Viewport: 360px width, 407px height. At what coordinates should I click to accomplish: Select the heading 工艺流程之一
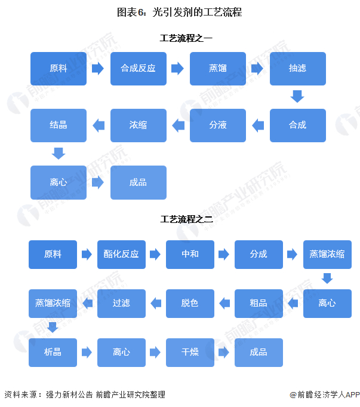coord(186,39)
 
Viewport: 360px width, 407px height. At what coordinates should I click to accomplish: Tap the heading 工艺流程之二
coord(186,219)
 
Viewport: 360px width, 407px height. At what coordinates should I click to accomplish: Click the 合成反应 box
coord(138,68)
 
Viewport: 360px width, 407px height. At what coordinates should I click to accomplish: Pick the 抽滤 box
coord(297,68)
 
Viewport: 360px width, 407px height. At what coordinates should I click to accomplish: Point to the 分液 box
coord(218,125)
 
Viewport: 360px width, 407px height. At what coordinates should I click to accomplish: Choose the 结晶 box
coord(59,125)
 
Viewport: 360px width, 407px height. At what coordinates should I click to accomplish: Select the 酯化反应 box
coord(121,254)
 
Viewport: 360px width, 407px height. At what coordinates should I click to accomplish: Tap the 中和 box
coord(190,254)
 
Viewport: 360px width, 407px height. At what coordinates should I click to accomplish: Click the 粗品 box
coord(259,303)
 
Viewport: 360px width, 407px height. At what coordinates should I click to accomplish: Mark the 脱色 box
coord(190,303)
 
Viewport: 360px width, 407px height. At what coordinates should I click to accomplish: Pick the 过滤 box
coord(121,303)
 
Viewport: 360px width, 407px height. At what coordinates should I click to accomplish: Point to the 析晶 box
coord(53,352)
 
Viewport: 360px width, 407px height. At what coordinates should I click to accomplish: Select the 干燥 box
coord(190,352)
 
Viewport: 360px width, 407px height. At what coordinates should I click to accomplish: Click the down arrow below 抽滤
coord(297,96)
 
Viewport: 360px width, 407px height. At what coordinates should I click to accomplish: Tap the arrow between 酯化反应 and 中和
coord(155,255)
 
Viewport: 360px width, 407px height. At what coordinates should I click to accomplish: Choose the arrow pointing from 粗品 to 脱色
coord(224,304)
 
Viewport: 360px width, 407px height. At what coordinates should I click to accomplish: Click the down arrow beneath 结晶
coord(58,153)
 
